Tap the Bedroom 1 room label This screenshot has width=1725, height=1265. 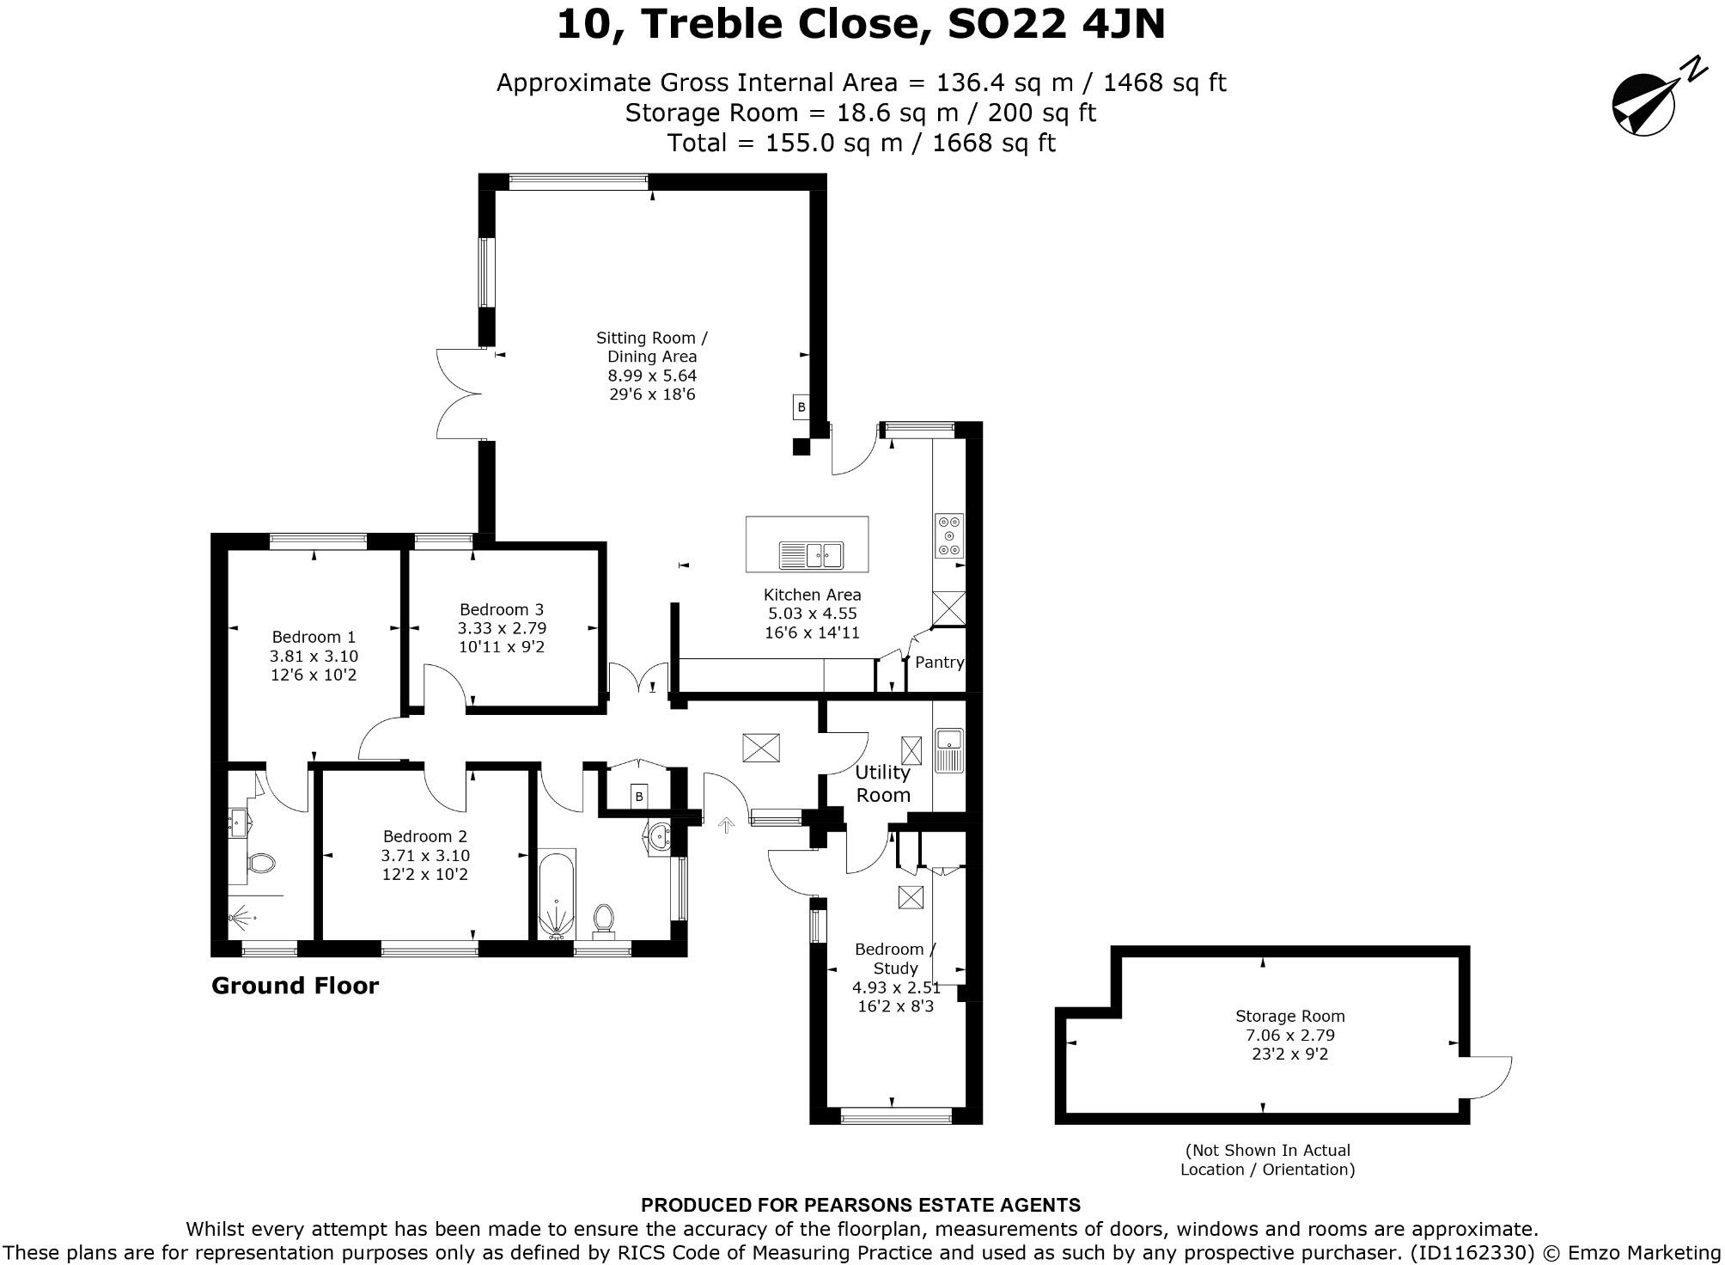pos(314,637)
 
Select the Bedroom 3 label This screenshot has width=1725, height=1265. pos(502,609)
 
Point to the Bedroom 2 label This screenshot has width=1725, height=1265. pos(425,836)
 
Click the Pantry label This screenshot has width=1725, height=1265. pos(939,663)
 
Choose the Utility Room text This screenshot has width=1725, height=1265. pos(883,784)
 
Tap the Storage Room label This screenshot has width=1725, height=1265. pos(1289,1016)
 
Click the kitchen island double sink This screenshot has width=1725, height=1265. pos(811,555)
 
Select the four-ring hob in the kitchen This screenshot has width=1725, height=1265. pos(949,535)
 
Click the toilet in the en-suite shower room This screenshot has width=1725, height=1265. pos(259,862)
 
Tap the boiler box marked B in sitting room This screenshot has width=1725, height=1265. pos(802,407)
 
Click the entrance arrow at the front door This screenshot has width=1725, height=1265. pos(727,826)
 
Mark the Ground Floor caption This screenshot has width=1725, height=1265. pos(295,986)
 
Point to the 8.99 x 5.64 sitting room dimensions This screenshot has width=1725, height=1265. pos(652,376)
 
